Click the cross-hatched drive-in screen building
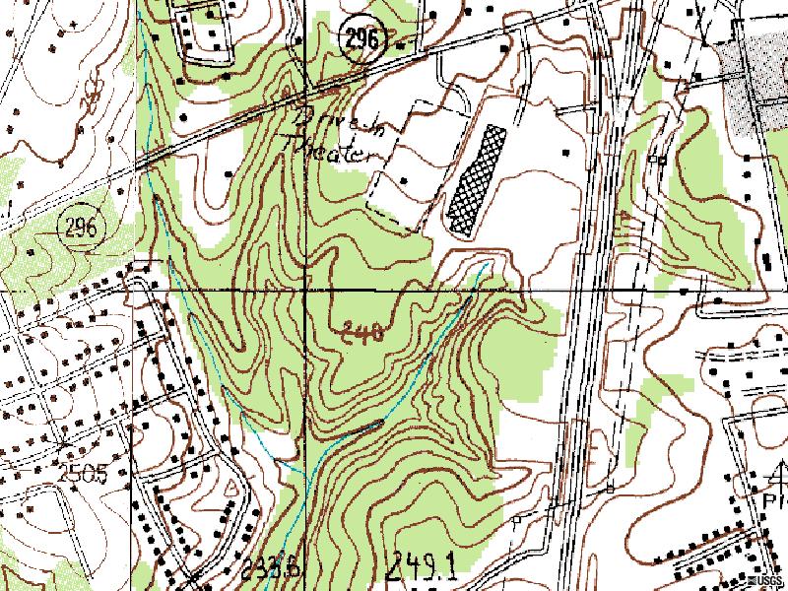click(x=475, y=177)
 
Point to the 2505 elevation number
click(x=82, y=474)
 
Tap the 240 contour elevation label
click(x=361, y=332)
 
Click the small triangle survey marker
click(x=233, y=487)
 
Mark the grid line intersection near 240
click(x=305, y=293)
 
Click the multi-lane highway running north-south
click(x=591, y=295)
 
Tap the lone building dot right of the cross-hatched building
click(x=565, y=154)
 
